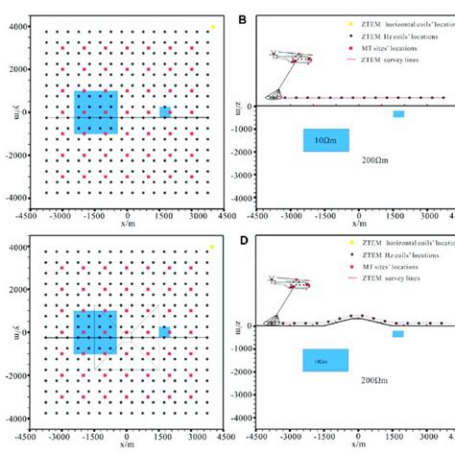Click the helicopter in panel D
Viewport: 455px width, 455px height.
(x=289, y=285)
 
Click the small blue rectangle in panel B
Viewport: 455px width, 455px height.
(x=398, y=114)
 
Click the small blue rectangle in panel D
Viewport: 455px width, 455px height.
(x=398, y=334)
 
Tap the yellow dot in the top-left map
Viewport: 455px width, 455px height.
(x=212, y=28)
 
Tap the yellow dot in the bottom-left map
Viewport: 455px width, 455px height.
(x=212, y=248)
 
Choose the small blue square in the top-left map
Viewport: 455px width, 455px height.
(x=165, y=112)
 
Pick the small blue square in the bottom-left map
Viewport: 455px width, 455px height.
(x=165, y=332)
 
